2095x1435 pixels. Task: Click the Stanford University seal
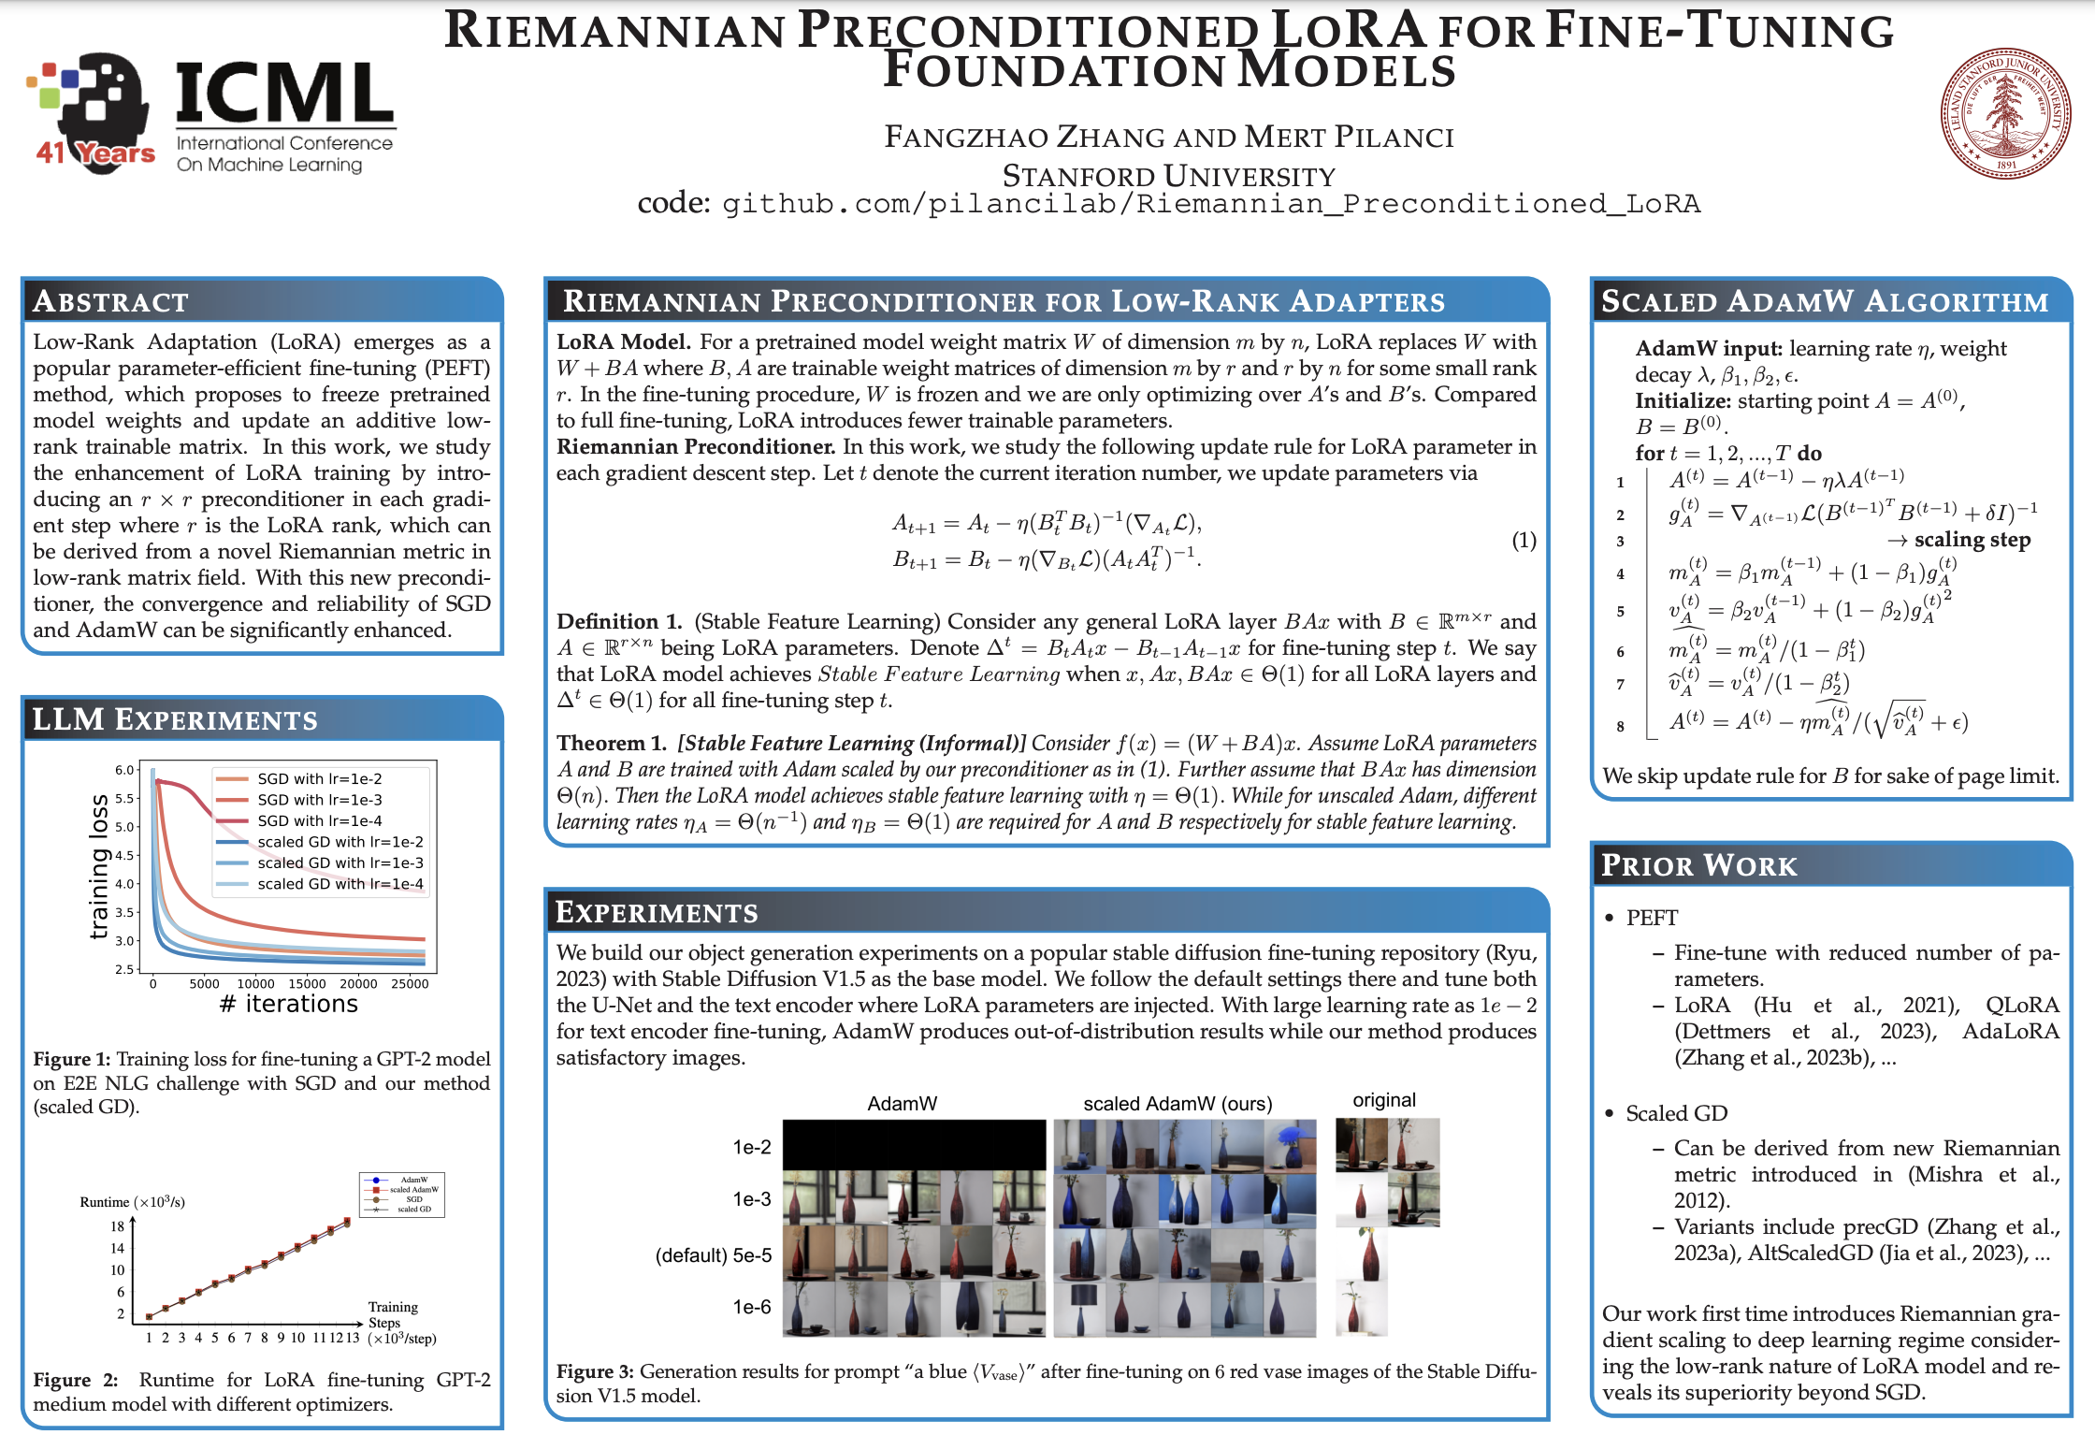(2004, 113)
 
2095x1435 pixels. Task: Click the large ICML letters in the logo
(284, 94)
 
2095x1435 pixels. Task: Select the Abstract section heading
(110, 301)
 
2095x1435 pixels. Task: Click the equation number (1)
(1524, 540)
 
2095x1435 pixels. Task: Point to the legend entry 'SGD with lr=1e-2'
(319, 778)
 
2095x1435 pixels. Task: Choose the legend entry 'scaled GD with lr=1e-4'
(340, 884)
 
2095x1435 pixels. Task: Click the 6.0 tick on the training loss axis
(125, 770)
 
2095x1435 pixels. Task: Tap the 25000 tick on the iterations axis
(410, 984)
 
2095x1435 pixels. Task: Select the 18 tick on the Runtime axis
(117, 1226)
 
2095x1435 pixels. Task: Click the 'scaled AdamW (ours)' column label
(1178, 1104)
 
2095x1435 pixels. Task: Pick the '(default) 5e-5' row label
(714, 1255)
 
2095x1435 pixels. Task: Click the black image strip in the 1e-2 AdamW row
(914, 1144)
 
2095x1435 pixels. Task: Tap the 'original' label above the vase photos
(1384, 1100)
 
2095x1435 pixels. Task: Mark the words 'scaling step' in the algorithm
(1972, 540)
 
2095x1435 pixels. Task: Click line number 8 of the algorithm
(1621, 726)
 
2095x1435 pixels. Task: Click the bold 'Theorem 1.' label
(611, 743)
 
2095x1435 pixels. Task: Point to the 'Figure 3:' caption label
(595, 1371)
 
